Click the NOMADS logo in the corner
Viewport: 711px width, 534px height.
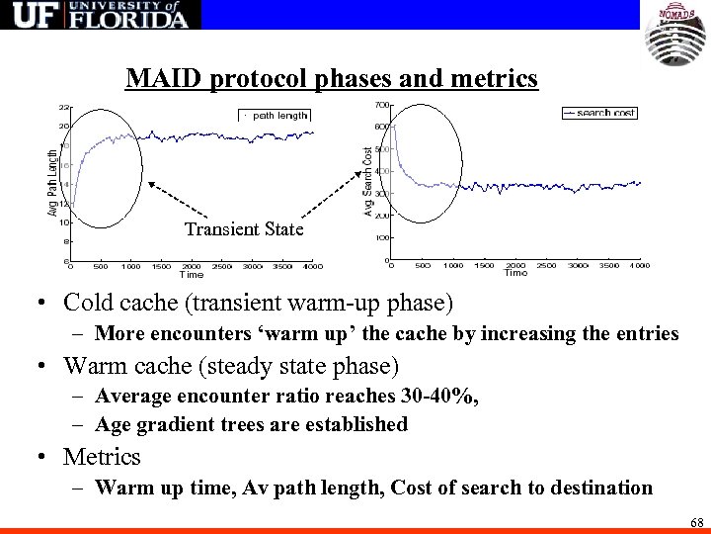pos(675,36)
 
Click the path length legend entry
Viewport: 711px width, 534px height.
pos(276,116)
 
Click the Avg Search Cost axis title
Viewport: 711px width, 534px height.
pos(367,182)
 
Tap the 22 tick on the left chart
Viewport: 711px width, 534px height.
pos(63,107)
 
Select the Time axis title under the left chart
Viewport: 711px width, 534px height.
pos(191,274)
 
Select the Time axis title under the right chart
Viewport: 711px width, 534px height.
pos(515,273)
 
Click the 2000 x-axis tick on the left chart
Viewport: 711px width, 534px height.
pos(192,266)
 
